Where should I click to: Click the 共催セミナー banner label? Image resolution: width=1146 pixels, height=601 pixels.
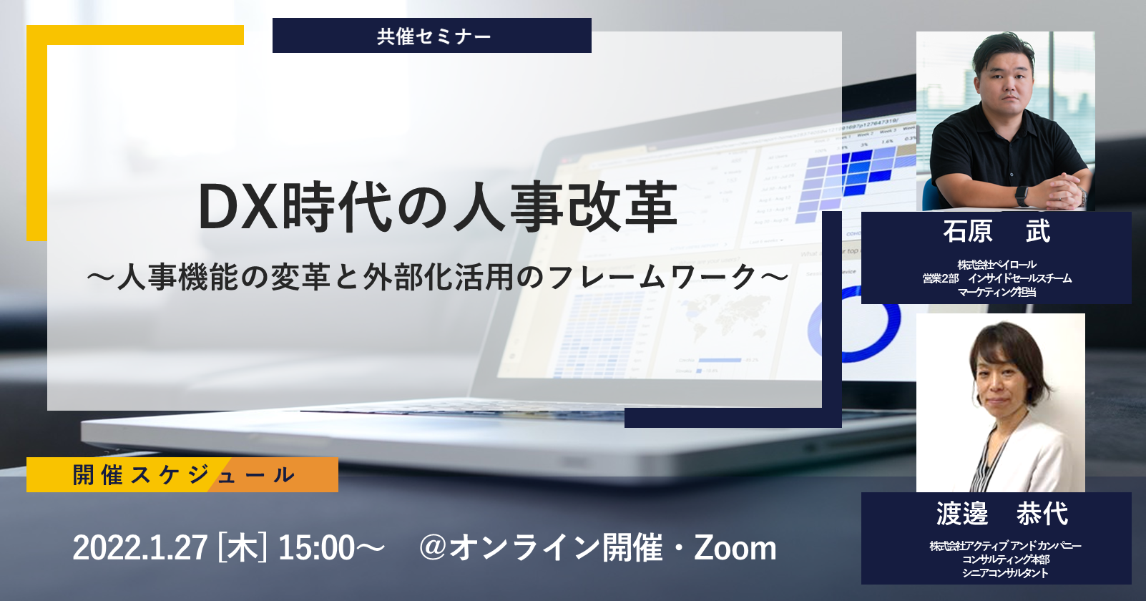tap(434, 36)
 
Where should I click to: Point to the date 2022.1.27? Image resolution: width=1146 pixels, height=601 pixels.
tap(140, 547)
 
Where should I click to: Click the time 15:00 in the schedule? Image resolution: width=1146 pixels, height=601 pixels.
tap(316, 547)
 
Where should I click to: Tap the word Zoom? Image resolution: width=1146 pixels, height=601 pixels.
tap(735, 547)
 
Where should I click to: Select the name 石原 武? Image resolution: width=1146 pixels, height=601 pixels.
tap(996, 231)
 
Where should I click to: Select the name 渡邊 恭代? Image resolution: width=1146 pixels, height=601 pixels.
tap(1001, 514)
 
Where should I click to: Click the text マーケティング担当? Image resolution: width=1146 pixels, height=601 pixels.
tap(996, 292)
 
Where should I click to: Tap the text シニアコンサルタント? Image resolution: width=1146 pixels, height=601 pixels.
tap(1005, 573)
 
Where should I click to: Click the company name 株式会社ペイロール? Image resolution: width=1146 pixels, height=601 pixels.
tap(996, 265)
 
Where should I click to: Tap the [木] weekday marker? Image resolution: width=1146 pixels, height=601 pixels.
tap(243, 547)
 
